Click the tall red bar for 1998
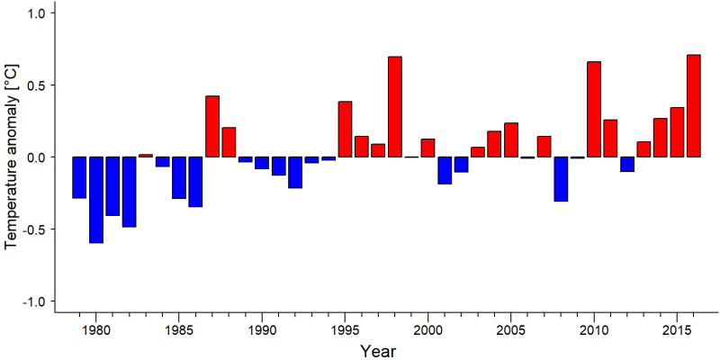pos(395,106)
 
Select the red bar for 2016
pos(694,105)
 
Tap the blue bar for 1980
pos(96,200)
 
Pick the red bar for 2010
pos(594,109)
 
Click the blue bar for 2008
pos(561,179)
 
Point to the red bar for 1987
pos(212,126)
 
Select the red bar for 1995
pos(346,129)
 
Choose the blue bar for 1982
pos(129,192)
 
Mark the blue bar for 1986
pos(195,182)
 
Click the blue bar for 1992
pos(295,173)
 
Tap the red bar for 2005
pos(511,140)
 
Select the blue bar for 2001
pos(445,170)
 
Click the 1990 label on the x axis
pos(262,330)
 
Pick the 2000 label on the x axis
pos(428,330)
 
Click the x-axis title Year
pos(378,350)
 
